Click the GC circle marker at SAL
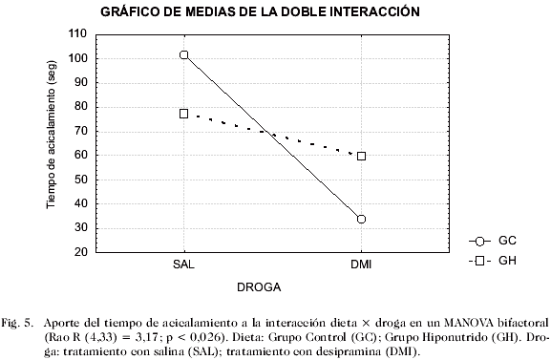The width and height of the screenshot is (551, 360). (x=183, y=55)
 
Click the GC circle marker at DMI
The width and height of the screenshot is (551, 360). (x=361, y=219)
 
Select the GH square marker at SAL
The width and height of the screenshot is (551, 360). (x=183, y=114)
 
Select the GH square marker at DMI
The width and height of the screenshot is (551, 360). (x=361, y=156)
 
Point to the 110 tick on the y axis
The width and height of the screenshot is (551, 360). (x=78, y=33)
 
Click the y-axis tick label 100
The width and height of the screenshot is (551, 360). (x=78, y=58)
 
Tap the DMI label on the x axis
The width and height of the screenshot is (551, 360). (x=361, y=262)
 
